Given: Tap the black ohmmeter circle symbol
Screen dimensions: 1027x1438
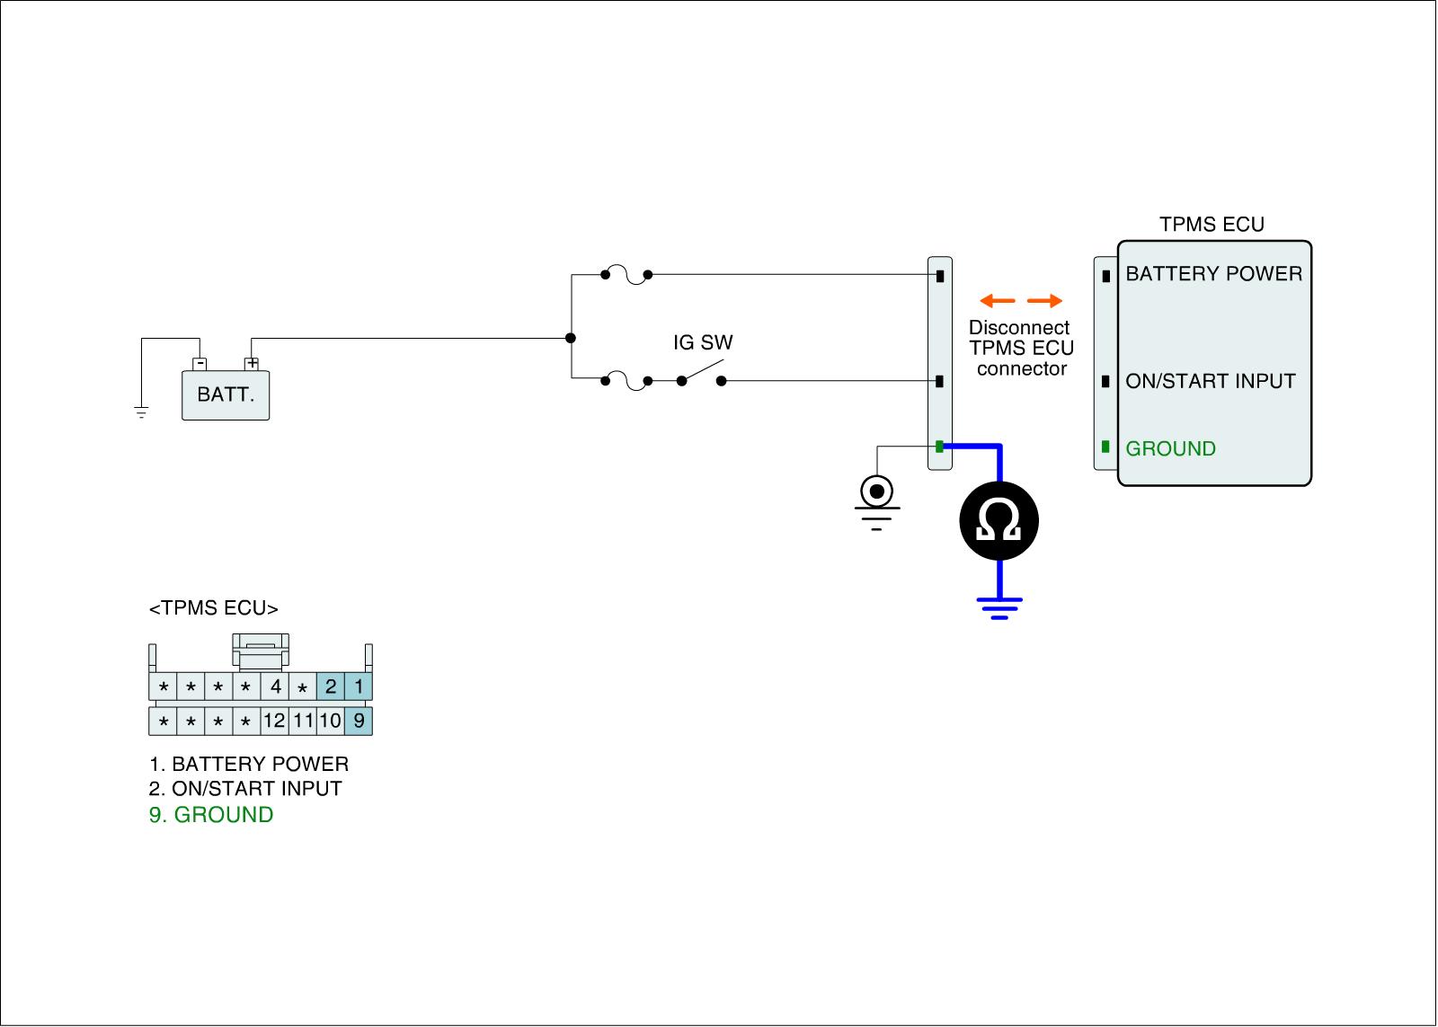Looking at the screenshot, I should click(999, 520).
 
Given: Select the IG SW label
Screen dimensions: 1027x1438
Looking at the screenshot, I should click(703, 342).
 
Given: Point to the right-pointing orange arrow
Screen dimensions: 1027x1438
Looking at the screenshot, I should click(1045, 300).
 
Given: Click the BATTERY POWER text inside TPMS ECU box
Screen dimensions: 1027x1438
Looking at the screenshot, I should click(1213, 274).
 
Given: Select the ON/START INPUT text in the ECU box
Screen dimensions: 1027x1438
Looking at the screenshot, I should click(1210, 381).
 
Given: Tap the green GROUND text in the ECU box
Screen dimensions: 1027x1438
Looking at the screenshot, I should click(1170, 448).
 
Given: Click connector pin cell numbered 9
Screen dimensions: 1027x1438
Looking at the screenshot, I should click(359, 721).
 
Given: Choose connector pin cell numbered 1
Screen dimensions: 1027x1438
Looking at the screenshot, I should click(359, 687).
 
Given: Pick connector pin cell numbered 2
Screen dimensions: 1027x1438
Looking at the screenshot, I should click(331, 687).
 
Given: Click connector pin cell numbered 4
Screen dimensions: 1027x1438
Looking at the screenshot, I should click(275, 687).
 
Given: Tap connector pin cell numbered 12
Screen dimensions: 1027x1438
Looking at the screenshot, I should click(274, 721).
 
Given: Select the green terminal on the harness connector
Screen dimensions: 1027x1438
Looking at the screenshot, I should click(939, 447).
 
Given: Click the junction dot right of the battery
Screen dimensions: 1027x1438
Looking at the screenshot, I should click(571, 338).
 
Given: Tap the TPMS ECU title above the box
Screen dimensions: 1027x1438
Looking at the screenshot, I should click(1212, 225).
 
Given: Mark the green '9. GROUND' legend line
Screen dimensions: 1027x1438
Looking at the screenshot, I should click(211, 815).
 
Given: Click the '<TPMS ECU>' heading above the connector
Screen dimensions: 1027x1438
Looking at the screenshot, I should click(214, 608).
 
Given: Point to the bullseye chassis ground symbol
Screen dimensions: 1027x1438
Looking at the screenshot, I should click(876, 492).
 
